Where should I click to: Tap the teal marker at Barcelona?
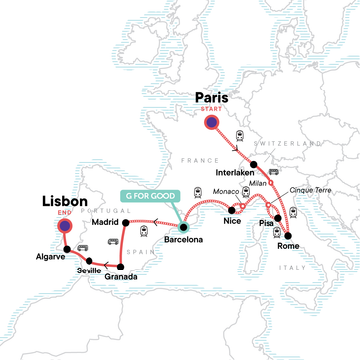pyautogui.click(x=184, y=228)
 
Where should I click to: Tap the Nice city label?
pyautogui.click(x=233, y=224)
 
